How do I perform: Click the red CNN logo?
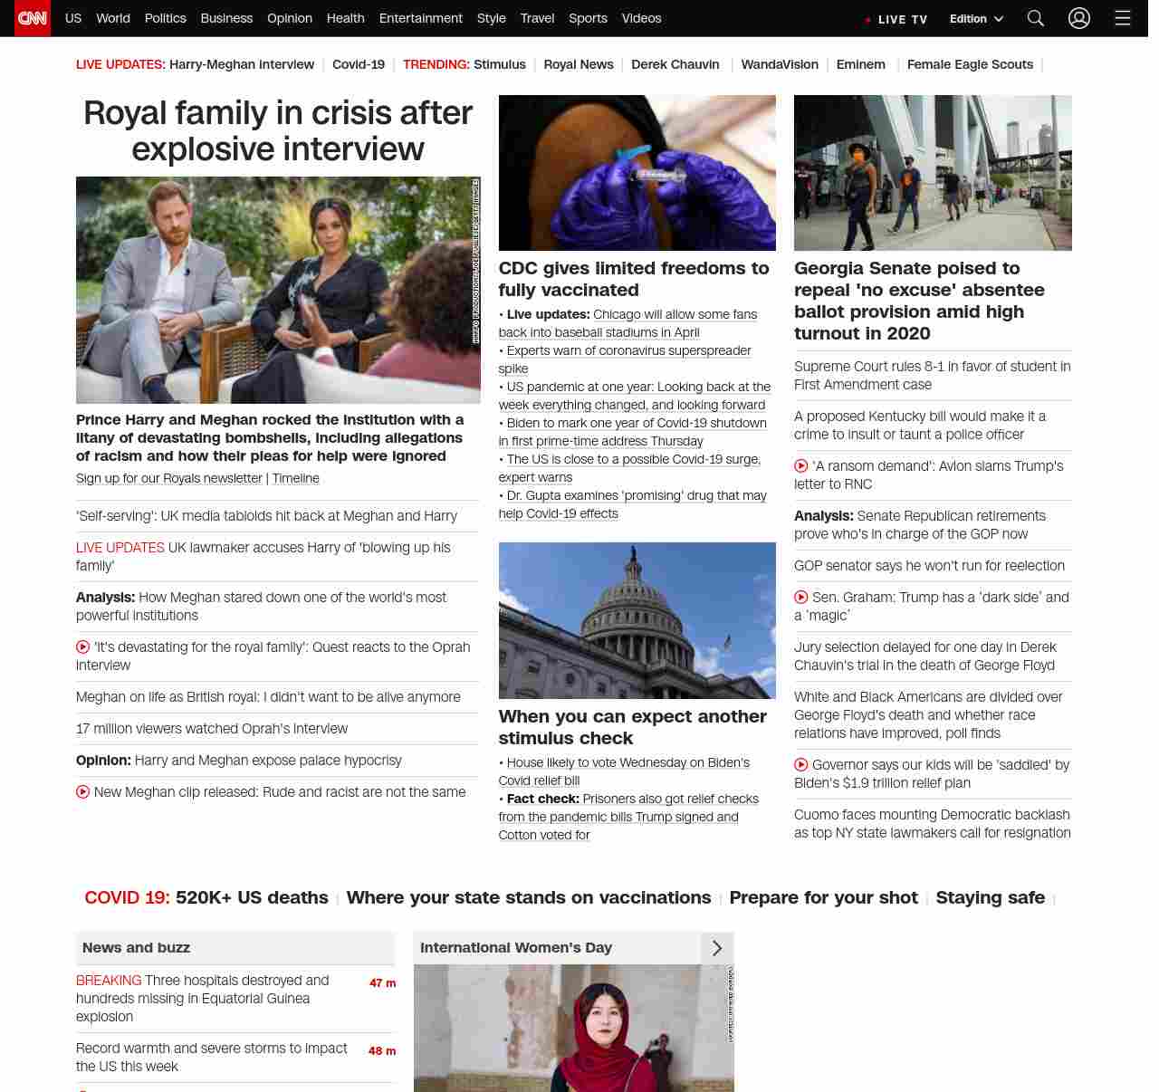(x=33, y=18)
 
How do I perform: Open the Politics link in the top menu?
(x=165, y=18)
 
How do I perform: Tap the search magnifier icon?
(x=1036, y=18)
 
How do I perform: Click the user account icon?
(x=1078, y=18)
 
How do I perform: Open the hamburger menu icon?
(x=1122, y=18)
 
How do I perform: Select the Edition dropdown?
(x=976, y=19)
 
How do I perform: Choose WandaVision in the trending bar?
(x=779, y=64)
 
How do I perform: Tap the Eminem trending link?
(x=860, y=64)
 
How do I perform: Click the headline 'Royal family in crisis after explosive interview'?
(x=278, y=130)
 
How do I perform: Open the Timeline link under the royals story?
(x=295, y=478)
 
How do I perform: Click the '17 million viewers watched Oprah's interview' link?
(x=212, y=728)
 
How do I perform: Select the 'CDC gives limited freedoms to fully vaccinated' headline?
(x=633, y=279)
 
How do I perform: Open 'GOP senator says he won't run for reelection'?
(x=929, y=565)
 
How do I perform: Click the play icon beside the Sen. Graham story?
(x=801, y=598)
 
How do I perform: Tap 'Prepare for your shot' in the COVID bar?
(x=823, y=897)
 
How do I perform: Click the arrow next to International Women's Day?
(x=717, y=947)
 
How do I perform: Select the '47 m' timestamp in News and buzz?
(x=382, y=982)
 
